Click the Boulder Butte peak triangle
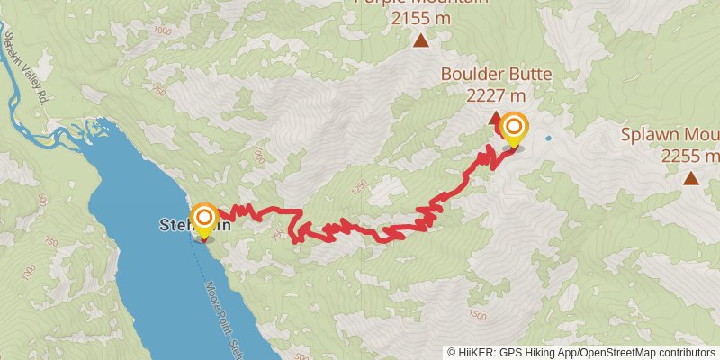point(493,117)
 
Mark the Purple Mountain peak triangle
point(420,40)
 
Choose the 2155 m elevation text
point(420,15)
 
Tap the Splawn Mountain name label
point(670,136)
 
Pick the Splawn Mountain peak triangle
point(690,178)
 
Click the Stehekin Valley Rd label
point(27,67)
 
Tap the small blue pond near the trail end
point(547,139)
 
